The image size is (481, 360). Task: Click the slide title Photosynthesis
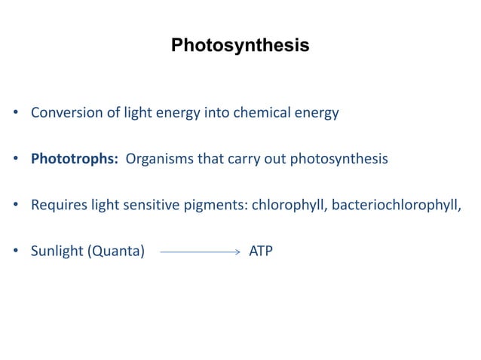coord(240,46)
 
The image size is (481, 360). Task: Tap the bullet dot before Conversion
coord(16,114)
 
